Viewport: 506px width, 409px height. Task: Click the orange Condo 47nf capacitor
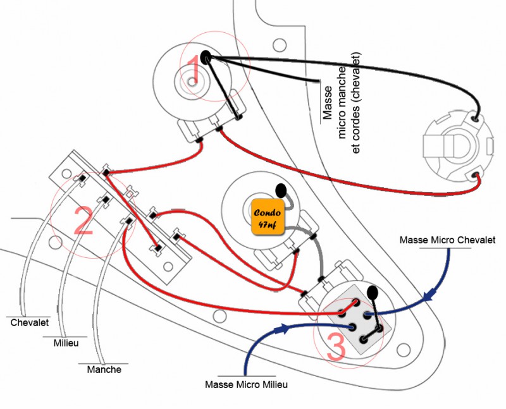tap(267, 216)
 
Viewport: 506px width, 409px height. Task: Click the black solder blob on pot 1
tap(206, 57)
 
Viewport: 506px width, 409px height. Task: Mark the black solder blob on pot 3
tap(373, 293)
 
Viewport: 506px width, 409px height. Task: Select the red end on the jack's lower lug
tap(476, 174)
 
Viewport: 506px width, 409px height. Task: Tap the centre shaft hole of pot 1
tap(190, 82)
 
